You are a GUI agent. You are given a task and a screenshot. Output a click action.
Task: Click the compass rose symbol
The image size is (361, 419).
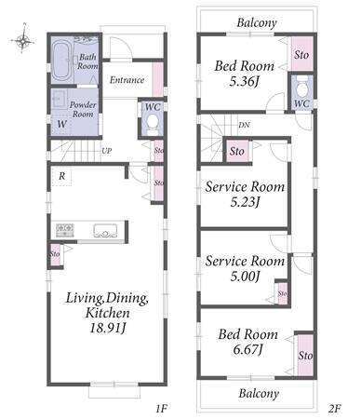tap(22, 39)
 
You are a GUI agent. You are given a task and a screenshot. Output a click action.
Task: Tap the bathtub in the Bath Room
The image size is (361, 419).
tap(61, 61)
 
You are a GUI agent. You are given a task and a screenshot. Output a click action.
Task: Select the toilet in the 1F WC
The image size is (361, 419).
tap(152, 122)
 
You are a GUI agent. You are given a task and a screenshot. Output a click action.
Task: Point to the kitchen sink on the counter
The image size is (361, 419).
tap(105, 231)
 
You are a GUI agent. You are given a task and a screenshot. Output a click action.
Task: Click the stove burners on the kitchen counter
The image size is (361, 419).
tap(65, 230)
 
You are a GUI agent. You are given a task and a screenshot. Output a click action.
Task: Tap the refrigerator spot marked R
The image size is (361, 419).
tap(61, 176)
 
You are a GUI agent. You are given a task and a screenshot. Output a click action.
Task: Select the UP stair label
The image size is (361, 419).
tap(107, 151)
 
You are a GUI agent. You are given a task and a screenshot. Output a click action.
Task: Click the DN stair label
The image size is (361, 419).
tap(244, 125)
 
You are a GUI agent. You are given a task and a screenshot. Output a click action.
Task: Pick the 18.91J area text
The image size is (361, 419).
tap(107, 328)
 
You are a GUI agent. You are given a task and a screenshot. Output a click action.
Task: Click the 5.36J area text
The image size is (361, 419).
tap(244, 81)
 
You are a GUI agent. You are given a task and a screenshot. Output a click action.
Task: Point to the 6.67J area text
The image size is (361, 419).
tap(247, 349)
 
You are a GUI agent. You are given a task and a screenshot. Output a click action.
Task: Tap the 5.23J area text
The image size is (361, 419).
tap(245, 202)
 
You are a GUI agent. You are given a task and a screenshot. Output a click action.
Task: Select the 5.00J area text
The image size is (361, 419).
tap(245, 276)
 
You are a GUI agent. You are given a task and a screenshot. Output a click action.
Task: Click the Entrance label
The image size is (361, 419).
tap(127, 80)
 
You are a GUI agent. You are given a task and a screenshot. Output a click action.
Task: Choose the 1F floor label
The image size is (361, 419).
tap(162, 409)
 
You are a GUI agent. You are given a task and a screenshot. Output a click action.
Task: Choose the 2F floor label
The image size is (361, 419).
tap(335, 409)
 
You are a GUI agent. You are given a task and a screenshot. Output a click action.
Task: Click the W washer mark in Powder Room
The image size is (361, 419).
tap(61, 124)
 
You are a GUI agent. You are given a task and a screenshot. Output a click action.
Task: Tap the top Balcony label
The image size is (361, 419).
tap(257, 22)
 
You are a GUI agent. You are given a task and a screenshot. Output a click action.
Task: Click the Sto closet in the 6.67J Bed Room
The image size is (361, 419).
tap(305, 355)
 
